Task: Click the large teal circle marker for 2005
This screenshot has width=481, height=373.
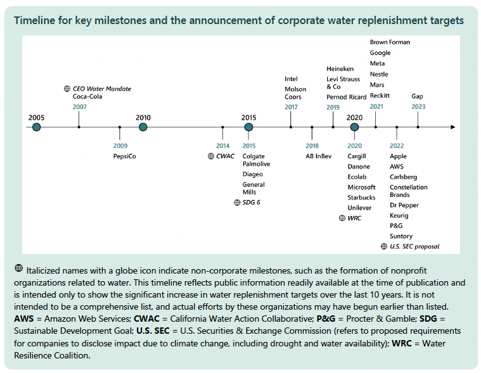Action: coord(37,127)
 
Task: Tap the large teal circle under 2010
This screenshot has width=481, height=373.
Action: coord(143,127)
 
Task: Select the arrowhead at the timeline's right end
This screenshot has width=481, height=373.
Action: coord(452,127)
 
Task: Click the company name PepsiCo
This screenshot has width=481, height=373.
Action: coord(125,156)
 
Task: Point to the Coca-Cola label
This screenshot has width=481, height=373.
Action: coord(88,97)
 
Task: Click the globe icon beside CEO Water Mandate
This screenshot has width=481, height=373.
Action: coord(67,89)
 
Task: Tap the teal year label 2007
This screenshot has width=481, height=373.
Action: coord(79,107)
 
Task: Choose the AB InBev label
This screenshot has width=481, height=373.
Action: coord(319,156)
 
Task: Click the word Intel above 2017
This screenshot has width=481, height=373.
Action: coord(291,79)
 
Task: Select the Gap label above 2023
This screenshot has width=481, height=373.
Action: coord(418,96)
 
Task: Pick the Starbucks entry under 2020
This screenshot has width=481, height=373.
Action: coord(361,198)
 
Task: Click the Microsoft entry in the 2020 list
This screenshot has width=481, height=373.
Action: coord(361,187)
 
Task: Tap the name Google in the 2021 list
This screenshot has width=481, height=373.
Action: coord(380,53)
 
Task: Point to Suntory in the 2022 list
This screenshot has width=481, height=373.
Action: coord(401,236)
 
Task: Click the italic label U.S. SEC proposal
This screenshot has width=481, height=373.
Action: coord(414,246)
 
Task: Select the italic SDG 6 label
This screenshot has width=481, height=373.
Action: coord(252,203)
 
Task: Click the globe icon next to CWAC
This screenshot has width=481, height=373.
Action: coord(211,156)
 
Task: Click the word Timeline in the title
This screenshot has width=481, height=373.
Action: coord(36,20)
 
